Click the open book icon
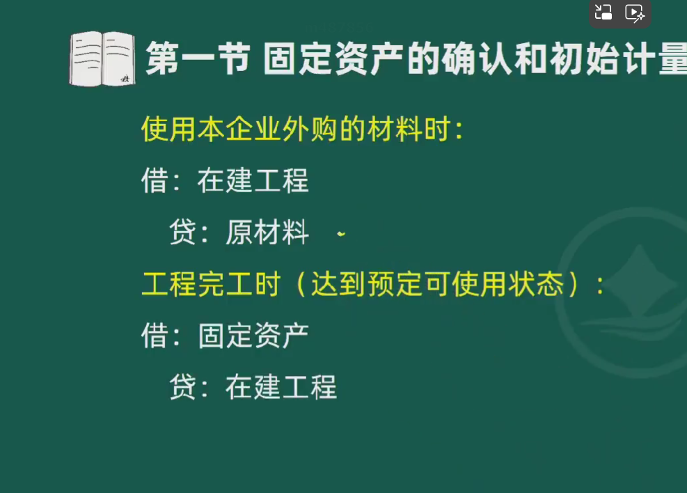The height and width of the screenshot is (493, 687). click(102, 58)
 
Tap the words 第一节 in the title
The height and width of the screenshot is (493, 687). click(198, 58)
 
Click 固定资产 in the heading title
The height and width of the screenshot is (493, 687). click(333, 58)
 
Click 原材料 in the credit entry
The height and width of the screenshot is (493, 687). click(267, 232)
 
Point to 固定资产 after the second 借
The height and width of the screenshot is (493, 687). click(253, 336)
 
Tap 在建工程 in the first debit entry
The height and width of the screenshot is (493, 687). click(253, 180)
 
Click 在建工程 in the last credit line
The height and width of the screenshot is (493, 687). click(281, 387)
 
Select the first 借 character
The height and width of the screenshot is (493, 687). click(155, 180)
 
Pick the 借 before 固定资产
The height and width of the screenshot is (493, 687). click(155, 336)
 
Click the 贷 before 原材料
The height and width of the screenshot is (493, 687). click(182, 232)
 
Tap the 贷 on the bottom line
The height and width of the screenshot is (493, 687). click(182, 387)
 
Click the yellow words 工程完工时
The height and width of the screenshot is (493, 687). click(211, 284)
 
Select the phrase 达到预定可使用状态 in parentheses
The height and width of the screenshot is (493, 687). click(437, 284)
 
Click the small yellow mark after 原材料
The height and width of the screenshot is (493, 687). click(341, 235)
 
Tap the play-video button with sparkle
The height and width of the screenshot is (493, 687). click(634, 13)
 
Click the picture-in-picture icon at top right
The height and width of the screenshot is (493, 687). click(603, 13)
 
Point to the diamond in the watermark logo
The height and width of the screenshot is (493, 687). click(640, 281)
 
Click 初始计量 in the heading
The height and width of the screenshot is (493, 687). click(618, 58)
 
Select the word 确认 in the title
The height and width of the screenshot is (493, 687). click(476, 58)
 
